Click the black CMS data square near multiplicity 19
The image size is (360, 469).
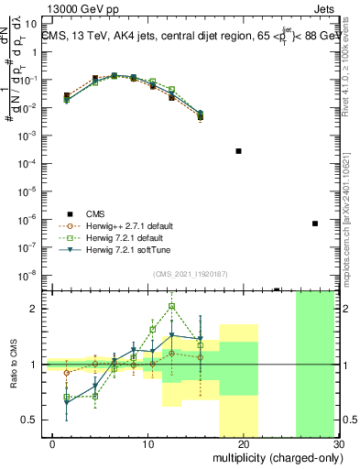[x=238, y=150]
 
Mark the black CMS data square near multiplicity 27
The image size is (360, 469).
[x=315, y=224]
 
